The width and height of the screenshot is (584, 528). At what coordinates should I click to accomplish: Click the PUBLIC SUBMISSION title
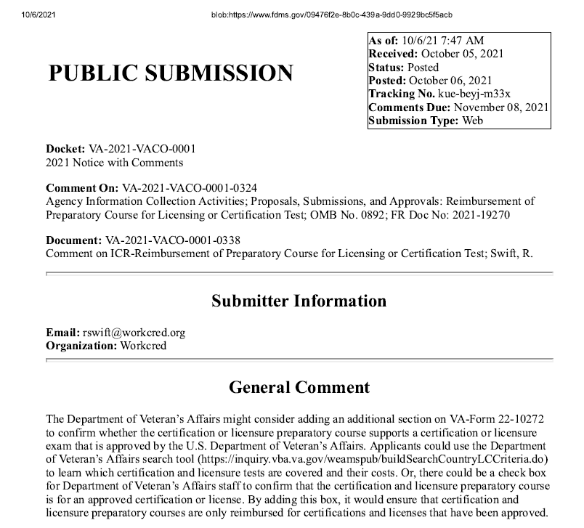[171, 73]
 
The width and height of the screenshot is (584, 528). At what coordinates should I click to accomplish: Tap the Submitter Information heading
[299, 301]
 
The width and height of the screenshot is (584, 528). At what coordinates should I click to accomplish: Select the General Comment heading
[299, 387]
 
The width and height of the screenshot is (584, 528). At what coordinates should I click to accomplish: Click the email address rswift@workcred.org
[134, 333]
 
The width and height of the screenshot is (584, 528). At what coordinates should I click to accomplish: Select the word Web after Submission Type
[472, 121]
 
